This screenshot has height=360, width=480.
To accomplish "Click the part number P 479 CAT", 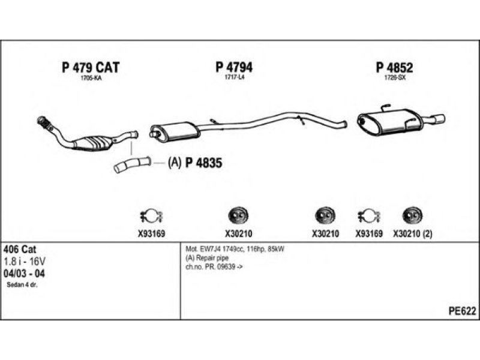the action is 91,67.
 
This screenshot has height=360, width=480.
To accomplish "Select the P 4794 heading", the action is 234,67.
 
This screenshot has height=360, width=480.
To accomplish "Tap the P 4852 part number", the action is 395,67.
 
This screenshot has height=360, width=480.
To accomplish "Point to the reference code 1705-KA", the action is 91,78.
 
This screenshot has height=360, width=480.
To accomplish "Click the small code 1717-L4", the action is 235,77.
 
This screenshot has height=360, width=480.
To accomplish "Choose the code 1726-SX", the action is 395,78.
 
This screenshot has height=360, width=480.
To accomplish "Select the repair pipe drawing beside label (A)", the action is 132,164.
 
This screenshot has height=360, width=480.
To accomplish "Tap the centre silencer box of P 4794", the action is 175,131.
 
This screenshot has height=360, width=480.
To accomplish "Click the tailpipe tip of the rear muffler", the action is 439,119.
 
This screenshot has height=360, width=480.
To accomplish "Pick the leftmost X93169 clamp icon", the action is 151,216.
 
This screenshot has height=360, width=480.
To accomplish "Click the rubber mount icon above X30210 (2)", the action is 412,215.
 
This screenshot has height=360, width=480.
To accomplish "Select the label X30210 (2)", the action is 413,234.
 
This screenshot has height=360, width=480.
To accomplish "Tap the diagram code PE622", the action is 462,311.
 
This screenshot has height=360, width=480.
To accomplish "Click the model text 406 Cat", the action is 20,249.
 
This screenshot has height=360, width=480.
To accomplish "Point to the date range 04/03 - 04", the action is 24,274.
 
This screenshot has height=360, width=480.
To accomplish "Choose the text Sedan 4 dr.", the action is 22,285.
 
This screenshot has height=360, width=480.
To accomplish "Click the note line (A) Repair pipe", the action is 207,258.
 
